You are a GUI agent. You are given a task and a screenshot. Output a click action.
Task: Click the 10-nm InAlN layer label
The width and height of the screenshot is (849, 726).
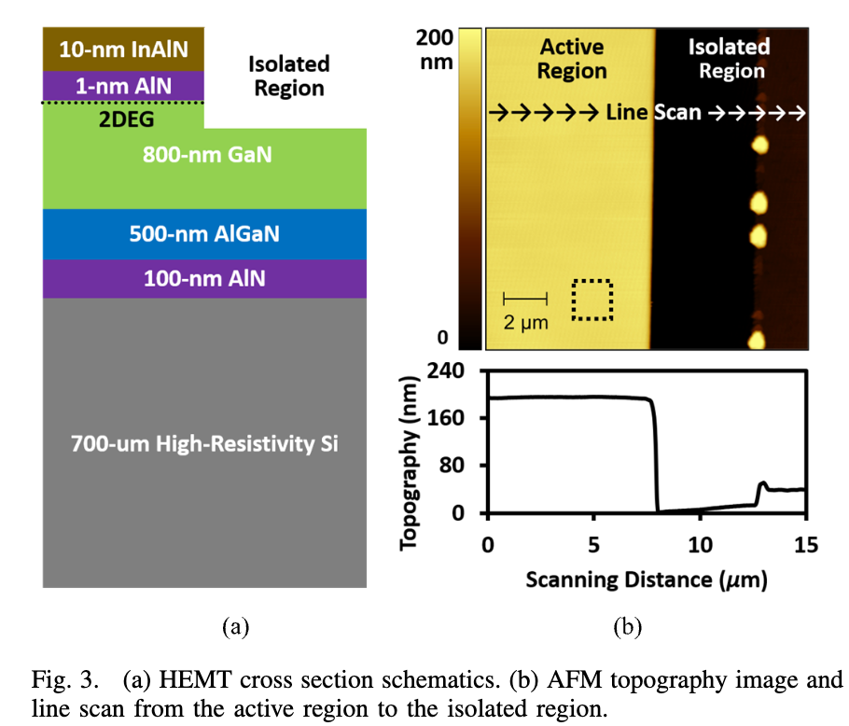pos(123,49)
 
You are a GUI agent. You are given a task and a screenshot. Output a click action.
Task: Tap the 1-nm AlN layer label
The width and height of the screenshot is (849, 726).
pos(123,86)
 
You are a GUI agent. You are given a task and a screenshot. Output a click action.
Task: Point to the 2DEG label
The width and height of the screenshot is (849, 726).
pos(126,119)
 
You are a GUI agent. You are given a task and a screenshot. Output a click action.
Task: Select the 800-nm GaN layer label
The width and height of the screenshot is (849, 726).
pos(207,155)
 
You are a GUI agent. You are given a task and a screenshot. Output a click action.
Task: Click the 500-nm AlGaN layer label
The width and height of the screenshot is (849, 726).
pos(204,234)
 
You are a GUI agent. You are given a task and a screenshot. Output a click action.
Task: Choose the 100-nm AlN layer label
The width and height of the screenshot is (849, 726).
pos(204,278)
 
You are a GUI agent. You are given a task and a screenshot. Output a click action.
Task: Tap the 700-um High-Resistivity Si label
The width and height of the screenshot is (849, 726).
pos(204,443)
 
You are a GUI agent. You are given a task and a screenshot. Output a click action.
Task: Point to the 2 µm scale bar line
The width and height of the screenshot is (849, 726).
pos(525,299)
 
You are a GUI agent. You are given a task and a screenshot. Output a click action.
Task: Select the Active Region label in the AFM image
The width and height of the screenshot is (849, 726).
pos(572,59)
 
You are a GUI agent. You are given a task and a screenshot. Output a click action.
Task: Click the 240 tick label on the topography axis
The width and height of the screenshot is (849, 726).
pos(446,370)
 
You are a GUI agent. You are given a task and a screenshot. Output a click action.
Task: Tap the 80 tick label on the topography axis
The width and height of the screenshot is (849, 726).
pos(452,465)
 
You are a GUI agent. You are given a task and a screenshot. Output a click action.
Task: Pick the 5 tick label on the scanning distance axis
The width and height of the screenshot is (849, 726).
pos(594,545)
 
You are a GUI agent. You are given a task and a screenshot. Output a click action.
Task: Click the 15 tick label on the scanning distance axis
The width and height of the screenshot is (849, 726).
pos(806,545)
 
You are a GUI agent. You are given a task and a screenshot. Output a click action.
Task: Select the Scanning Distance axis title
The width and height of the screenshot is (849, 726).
pos(647,579)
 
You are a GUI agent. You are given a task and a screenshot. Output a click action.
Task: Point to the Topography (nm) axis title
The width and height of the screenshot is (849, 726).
pos(410,463)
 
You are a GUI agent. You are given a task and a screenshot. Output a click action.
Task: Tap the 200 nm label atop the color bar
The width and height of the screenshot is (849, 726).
pos(435,49)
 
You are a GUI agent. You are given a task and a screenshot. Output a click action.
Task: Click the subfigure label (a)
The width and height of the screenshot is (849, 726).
pos(235,627)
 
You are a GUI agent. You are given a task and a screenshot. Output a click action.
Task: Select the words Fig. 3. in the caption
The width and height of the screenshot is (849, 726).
pos(65,679)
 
